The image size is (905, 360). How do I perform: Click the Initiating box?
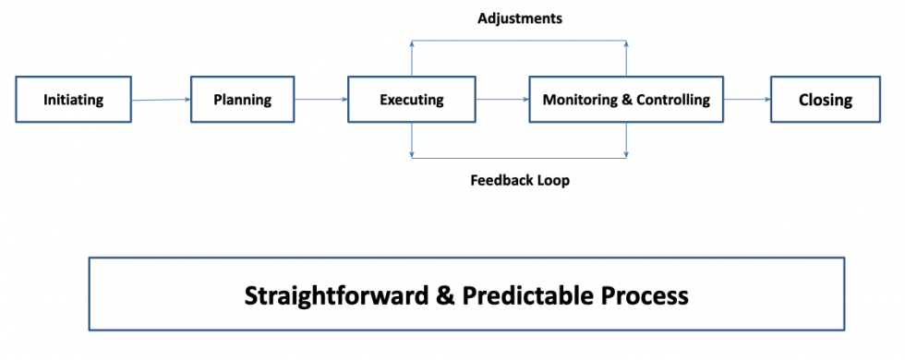(73, 100)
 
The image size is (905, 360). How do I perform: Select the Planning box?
(242, 100)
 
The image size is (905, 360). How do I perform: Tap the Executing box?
(411, 100)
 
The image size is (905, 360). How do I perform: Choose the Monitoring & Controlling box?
(626, 100)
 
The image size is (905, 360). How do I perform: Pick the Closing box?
(825, 100)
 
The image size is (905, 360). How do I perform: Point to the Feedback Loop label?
(519, 181)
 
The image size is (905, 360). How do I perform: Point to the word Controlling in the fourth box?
(673, 100)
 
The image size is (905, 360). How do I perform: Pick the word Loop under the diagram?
(553, 181)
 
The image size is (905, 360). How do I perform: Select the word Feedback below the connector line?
(501, 181)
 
